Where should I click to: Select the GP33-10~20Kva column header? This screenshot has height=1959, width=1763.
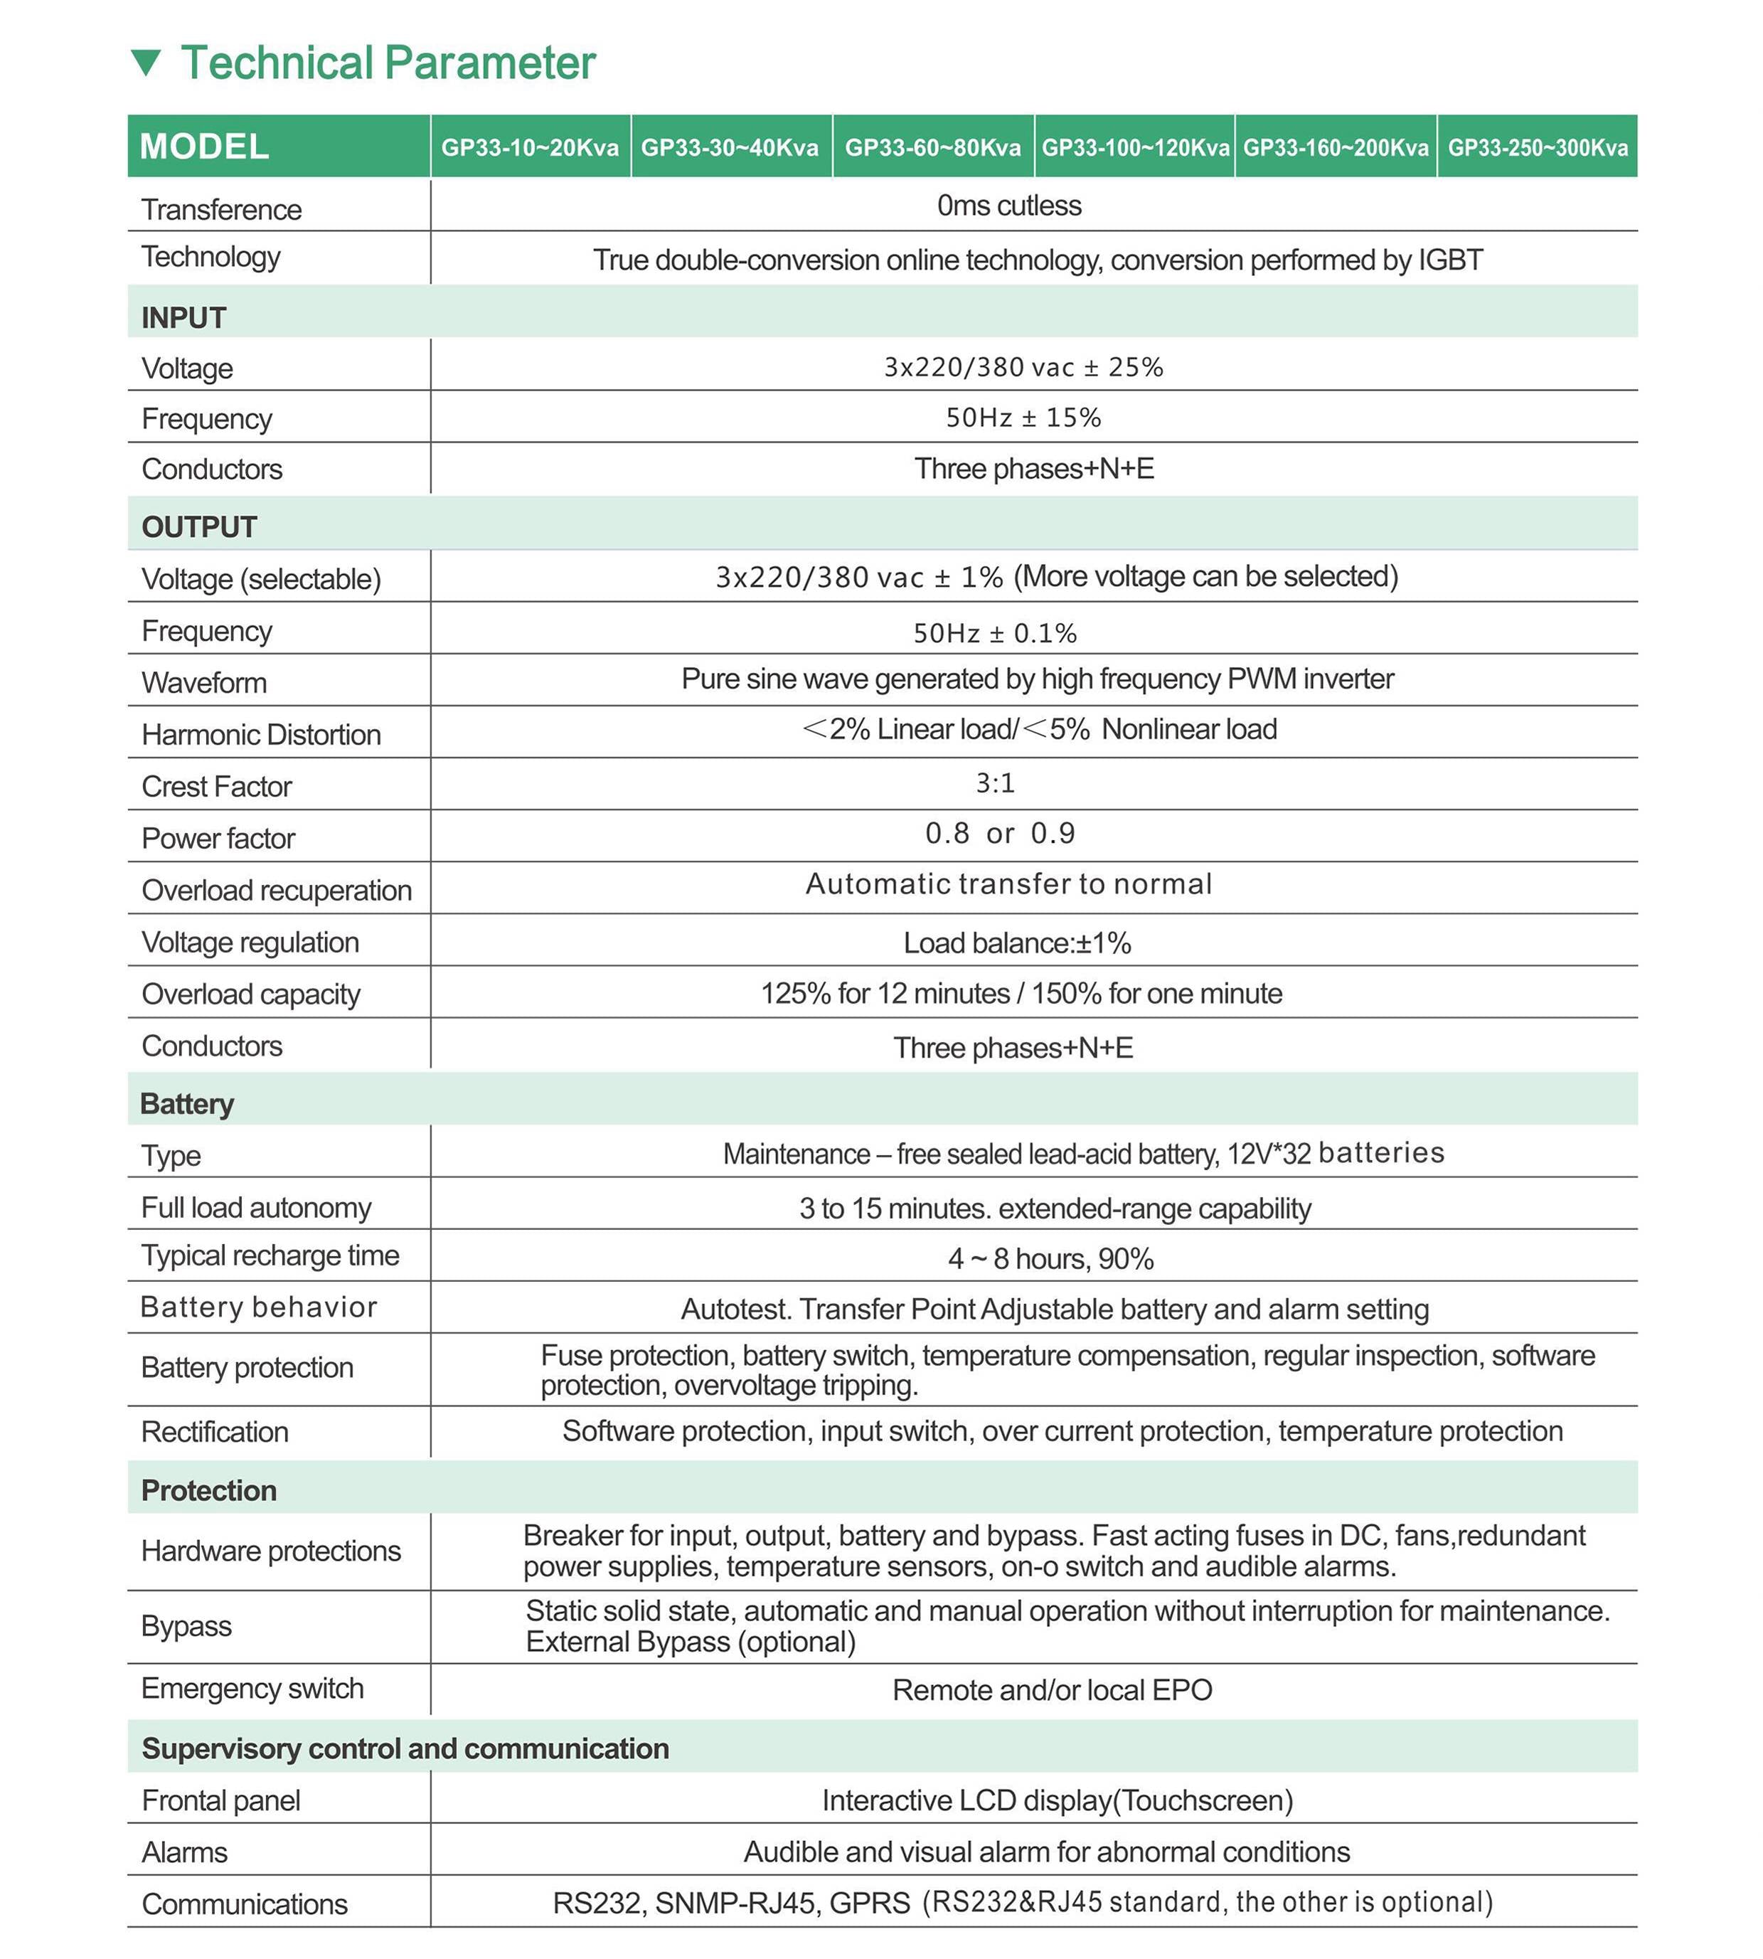coord(530,147)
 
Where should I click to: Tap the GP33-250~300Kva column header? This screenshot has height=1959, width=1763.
coord(1538,147)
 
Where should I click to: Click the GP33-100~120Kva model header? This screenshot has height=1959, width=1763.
coord(1135,147)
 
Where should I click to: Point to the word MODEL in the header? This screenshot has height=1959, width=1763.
coord(204,147)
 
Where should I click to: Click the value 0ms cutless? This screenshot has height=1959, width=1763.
coord(1008,206)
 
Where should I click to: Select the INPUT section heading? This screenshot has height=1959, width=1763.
coord(184,318)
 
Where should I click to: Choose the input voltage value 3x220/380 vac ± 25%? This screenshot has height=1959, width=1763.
coord(1023,367)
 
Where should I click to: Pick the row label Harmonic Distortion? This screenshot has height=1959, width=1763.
coord(262,734)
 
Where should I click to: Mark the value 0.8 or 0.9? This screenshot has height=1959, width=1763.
coord(1000,833)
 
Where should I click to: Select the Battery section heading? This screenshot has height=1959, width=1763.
coord(187,1103)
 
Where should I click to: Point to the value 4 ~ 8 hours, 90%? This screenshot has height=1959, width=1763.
coord(1051,1258)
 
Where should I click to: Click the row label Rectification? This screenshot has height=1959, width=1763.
coord(215,1432)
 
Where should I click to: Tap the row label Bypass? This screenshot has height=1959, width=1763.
coord(187,1625)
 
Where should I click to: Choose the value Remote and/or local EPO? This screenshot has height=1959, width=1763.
coord(1052,1689)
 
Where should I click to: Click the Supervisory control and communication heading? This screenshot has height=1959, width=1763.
coord(405,1748)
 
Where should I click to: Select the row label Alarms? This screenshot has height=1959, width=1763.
coord(185,1852)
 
